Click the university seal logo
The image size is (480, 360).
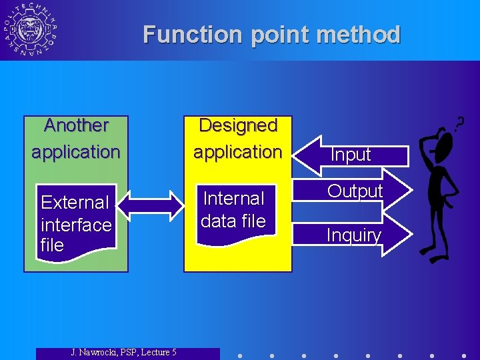pos(30,30)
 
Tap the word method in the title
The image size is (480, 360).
pos(359,34)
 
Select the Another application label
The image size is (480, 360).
pos(76,139)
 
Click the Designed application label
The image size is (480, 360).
pos(238,139)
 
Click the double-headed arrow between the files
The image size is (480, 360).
pos(150,205)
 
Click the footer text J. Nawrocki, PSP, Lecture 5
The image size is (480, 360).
pos(124,352)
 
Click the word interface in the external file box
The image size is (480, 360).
pos(76,225)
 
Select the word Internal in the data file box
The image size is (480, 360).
pos(233,199)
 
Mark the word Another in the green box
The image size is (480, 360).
pos(76,125)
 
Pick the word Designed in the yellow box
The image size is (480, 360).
pos(238,125)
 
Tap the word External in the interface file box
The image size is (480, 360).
pos(75,202)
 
